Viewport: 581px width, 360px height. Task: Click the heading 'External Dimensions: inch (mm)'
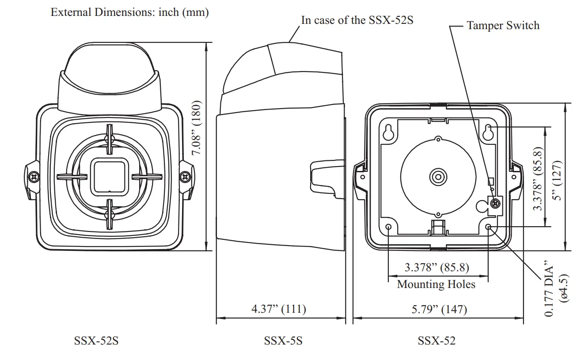(129, 12)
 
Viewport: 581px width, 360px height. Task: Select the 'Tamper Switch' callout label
(503, 25)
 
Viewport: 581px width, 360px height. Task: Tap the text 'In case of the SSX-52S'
(357, 20)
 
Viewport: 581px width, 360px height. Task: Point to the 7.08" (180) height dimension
(197, 128)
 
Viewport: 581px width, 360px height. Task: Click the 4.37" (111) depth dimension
(278, 308)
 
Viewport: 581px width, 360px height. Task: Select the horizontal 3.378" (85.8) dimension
(437, 267)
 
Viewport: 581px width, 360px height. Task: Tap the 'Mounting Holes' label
(436, 284)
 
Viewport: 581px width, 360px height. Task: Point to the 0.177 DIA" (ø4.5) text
(555, 288)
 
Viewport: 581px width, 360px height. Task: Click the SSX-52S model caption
(96, 341)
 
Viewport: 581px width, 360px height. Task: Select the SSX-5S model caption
(283, 341)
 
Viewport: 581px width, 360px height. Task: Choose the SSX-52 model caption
(437, 341)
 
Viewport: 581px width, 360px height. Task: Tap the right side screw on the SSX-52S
(185, 177)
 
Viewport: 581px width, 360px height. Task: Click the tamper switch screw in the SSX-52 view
(495, 203)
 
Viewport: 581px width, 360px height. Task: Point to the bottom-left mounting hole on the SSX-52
(388, 227)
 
